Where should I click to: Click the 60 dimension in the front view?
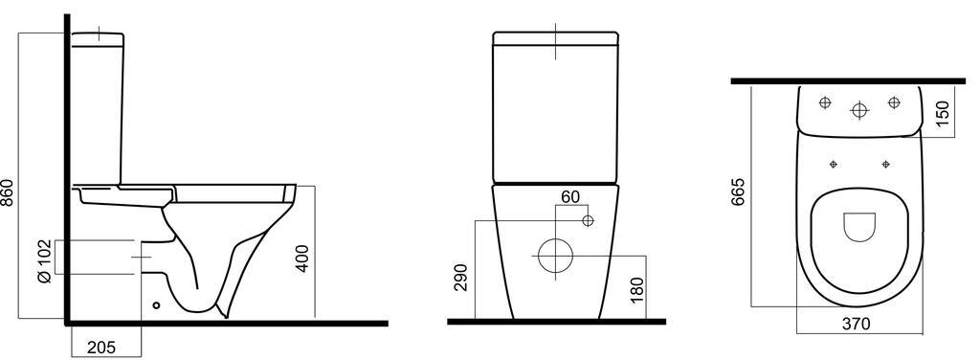570,197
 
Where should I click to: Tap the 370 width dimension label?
856,324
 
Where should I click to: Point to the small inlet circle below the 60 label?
588,221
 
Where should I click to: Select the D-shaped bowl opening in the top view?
858,226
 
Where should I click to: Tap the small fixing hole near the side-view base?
156,306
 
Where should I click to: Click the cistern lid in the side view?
99,38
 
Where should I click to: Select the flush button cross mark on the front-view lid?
555,42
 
